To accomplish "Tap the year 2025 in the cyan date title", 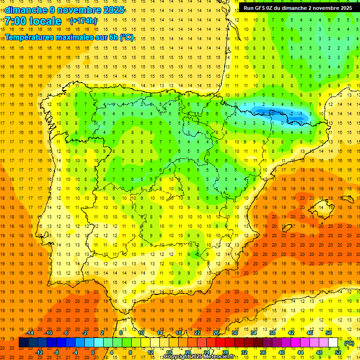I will pos(112,10).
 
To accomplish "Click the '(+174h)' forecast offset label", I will pos(83,21).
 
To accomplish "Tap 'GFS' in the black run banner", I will pos(263,8).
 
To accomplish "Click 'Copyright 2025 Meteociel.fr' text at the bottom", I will pos(199,356).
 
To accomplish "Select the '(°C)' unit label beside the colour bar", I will pos(349,343).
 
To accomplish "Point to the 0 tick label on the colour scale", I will pos(93,352).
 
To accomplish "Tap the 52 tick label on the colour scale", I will pos(338,352).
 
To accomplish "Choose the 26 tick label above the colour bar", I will pos(216,333).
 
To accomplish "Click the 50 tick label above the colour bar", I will pos(329,333).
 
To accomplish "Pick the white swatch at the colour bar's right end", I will pos(333,343).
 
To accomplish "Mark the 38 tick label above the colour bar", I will pos(272,333).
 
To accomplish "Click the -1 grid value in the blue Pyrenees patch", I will pos(300,114).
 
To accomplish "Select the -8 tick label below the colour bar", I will pos(57,352).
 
